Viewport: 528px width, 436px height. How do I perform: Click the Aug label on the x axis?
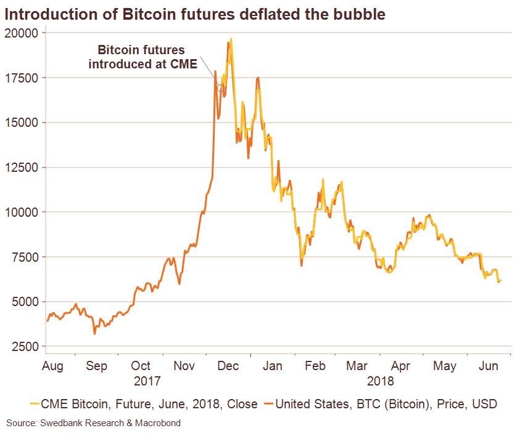point(52,366)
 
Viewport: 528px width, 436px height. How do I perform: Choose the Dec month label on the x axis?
point(229,366)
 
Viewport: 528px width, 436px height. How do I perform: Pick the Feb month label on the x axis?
point(315,366)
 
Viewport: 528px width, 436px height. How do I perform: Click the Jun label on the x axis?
point(490,366)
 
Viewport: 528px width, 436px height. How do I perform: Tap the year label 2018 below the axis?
point(381,381)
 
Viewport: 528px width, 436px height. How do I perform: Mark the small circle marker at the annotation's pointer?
point(221,87)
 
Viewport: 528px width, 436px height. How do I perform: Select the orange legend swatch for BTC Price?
point(267,405)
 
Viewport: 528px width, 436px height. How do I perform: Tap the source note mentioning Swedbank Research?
point(94,423)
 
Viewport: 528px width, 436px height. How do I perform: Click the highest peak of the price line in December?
point(231,39)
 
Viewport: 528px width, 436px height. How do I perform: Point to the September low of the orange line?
point(94,334)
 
